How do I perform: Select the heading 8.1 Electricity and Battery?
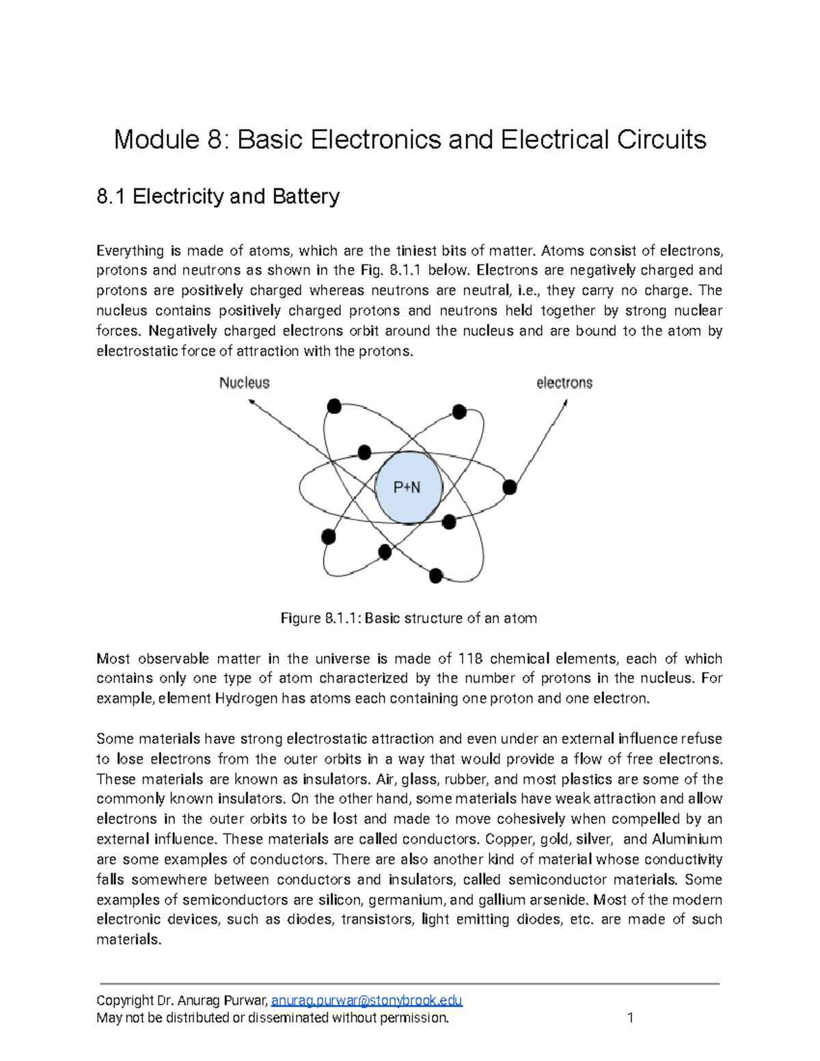pos(218,197)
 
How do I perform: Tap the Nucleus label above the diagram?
pos(244,383)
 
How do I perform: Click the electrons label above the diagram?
pos(564,383)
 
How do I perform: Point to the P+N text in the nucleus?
pos(407,488)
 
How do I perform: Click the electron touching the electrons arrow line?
pos(510,487)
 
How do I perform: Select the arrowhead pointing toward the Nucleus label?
pos(251,403)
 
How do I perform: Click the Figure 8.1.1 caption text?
pos(409,618)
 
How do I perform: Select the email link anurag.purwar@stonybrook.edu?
pos(367,1000)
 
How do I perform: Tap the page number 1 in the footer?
pos(630,1018)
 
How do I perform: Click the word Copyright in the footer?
pos(125,1000)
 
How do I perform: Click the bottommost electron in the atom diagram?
pos(436,576)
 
